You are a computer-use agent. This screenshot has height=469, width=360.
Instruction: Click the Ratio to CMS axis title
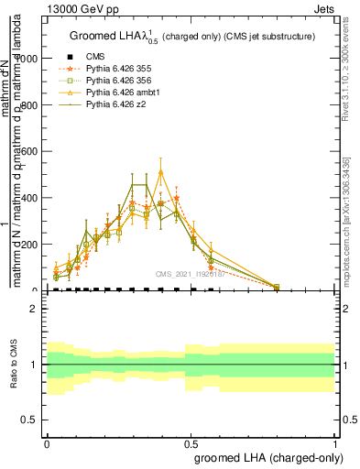click(x=14, y=365)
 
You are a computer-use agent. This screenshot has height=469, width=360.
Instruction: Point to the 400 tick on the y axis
click(x=33, y=198)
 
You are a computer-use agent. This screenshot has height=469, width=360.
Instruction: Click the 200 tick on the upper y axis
click(x=33, y=245)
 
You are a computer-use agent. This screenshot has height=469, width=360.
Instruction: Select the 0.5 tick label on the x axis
click(x=191, y=442)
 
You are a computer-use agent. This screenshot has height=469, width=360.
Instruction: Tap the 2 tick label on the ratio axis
click(x=35, y=309)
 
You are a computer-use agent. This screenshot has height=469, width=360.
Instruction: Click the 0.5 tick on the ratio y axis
click(x=31, y=420)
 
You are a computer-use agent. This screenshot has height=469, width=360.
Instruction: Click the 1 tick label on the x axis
click(x=336, y=442)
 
